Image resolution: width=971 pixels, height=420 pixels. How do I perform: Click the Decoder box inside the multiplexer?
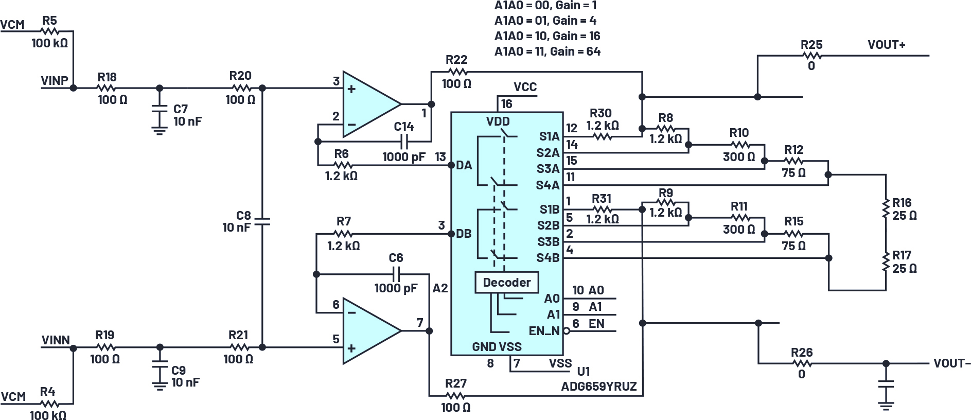pyautogui.click(x=506, y=283)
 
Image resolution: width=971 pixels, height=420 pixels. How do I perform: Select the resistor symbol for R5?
pyautogui.click(x=50, y=32)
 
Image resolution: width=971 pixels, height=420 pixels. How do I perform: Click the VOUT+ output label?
pyautogui.click(x=886, y=45)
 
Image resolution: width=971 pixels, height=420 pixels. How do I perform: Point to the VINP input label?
pyautogui.click(x=55, y=81)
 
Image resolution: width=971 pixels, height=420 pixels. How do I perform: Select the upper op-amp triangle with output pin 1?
pyautogui.click(x=368, y=104)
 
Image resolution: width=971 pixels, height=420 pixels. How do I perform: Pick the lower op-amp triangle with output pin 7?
pyautogui.click(x=368, y=331)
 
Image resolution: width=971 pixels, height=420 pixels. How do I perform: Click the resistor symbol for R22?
pyautogui.click(x=456, y=72)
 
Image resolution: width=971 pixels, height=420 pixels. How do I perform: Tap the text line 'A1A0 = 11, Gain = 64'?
pyautogui.click(x=547, y=51)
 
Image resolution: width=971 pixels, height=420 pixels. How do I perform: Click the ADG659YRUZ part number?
pyautogui.click(x=599, y=387)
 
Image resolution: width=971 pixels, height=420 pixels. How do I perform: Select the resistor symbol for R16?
pyautogui.click(x=886, y=208)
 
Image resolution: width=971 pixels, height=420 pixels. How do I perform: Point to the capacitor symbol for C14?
pyautogui.click(x=404, y=141)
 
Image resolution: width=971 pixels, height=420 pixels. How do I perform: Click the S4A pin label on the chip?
pyautogui.click(x=548, y=185)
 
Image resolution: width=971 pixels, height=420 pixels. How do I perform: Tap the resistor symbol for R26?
pyautogui.click(x=801, y=363)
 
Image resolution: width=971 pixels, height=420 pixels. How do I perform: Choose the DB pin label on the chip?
pyautogui.click(x=464, y=234)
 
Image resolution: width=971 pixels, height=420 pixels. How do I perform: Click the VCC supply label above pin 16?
pyautogui.click(x=525, y=87)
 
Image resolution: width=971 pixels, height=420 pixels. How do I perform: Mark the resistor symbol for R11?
pyautogui.click(x=739, y=218)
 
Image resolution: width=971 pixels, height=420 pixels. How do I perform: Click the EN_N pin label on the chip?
pyautogui.click(x=544, y=331)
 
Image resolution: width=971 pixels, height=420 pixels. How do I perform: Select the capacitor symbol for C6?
pyautogui.click(x=397, y=273)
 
